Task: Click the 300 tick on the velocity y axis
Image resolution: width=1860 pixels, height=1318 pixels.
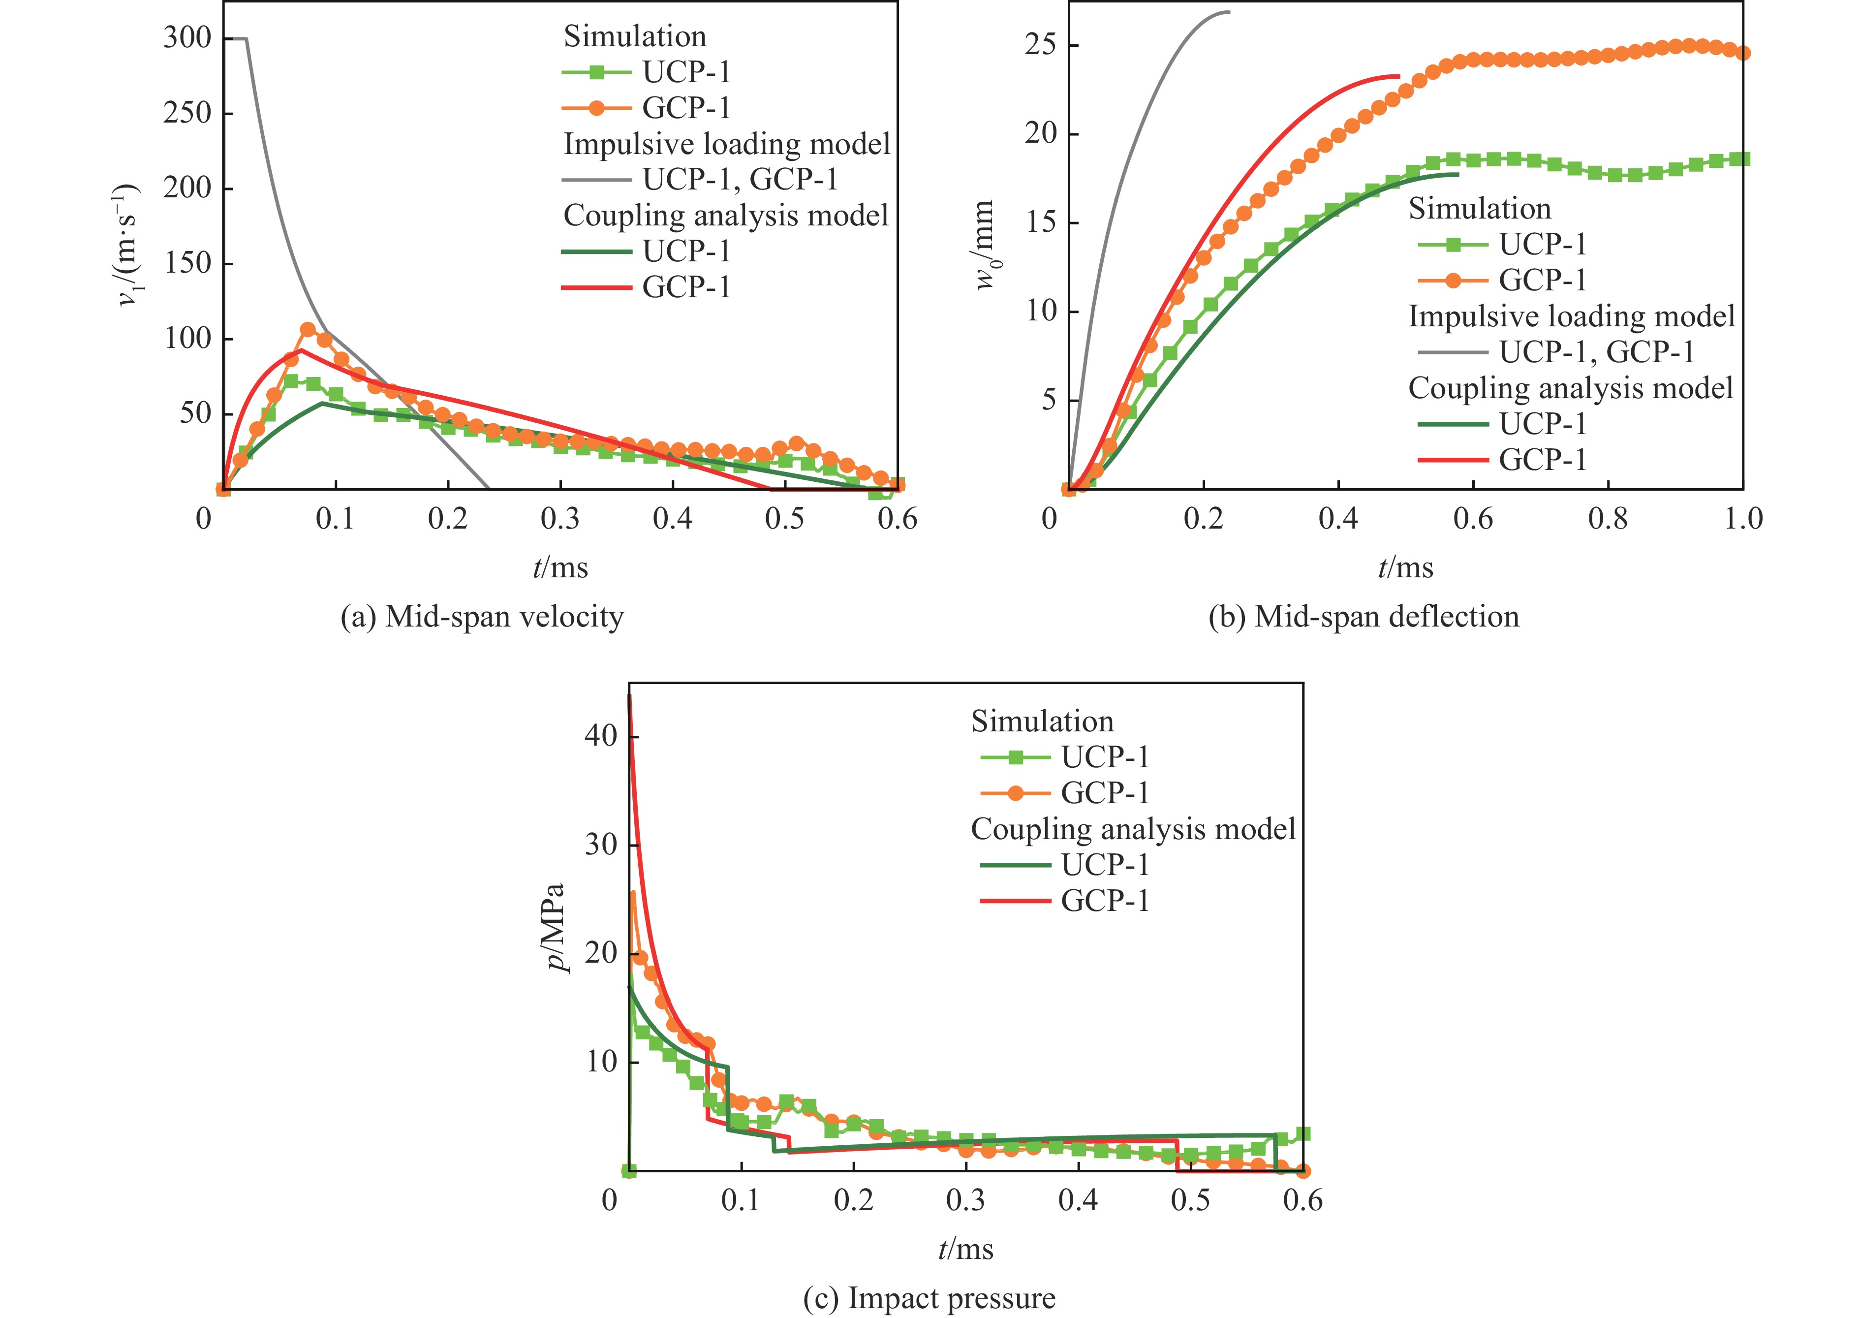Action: (187, 38)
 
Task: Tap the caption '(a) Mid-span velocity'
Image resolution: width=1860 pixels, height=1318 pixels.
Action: (482, 617)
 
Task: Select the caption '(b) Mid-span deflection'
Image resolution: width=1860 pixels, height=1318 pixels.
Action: (1364, 617)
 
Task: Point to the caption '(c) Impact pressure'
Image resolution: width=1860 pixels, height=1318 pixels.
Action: (929, 1298)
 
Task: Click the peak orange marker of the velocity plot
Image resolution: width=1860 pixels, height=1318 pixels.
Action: (308, 330)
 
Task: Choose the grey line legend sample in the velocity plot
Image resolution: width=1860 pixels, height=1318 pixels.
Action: (596, 179)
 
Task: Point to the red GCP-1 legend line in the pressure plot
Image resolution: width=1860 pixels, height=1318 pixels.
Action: (1015, 900)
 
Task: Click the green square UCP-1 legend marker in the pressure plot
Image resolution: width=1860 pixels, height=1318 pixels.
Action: (1015, 757)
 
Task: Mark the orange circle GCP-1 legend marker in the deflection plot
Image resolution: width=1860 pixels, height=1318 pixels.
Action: (1453, 280)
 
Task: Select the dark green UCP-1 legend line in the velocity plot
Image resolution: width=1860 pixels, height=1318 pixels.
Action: (596, 251)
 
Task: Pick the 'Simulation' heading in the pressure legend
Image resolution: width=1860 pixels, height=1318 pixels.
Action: (1042, 722)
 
